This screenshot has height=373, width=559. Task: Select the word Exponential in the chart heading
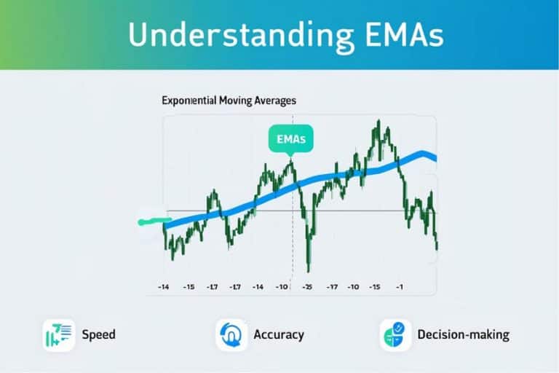pos(189,101)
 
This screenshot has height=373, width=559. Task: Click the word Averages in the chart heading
pos(275,101)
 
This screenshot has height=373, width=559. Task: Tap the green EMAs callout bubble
pos(291,139)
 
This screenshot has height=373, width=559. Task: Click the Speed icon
pos(59,335)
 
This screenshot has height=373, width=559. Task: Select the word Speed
pos(99,335)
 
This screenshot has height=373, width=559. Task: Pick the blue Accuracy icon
pos(231,335)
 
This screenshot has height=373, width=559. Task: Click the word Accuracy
pos(279,335)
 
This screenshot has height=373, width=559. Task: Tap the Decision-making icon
pos(395,335)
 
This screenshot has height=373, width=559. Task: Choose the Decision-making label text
pos(464,335)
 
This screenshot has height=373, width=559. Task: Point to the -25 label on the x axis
pos(307,287)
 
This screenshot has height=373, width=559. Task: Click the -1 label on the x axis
pos(400,287)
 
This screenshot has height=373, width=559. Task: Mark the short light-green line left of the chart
pos(155,221)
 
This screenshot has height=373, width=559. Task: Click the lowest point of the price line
pos(309,272)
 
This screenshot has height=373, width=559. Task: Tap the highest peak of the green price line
pos(378,121)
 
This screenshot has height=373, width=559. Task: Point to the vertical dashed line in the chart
pos(293,202)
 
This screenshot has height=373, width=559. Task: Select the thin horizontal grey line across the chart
pos(301,211)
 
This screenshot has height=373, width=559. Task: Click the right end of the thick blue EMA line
pos(436,159)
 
